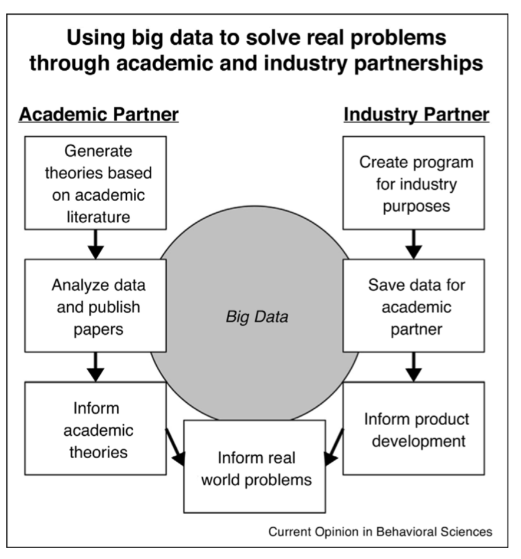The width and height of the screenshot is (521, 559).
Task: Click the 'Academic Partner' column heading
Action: click(x=98, y=114)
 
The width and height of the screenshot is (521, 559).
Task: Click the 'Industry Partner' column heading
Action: click(x=416, y=114)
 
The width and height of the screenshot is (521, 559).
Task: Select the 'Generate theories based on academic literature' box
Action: click(x=95, y=183)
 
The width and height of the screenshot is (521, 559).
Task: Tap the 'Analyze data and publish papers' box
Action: click(x=95, y=306)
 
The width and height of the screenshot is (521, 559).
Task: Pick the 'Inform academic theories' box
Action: click(x=95, y=429)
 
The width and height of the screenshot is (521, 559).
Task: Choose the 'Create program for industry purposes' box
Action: click(x=413, y=183)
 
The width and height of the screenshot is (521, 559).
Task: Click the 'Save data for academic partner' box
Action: click(x=413, y=306)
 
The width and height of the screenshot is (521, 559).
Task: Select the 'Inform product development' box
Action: click(x=413, y=429)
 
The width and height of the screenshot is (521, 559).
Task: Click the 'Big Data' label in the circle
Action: click(x=257, y=317)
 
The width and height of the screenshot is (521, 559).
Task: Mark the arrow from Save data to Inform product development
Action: click(x=413, y=367)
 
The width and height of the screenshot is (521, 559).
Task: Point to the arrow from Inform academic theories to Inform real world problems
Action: click(x=174, y=445)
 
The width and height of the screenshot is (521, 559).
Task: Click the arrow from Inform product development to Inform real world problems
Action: click(x=335, y=445)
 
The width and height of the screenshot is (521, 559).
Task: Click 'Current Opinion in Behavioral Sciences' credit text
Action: click(x=380, y=531)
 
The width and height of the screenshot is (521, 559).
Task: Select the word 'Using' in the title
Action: click(x=93, y=38)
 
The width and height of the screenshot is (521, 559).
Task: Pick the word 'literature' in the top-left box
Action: click(x=95, y=216)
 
